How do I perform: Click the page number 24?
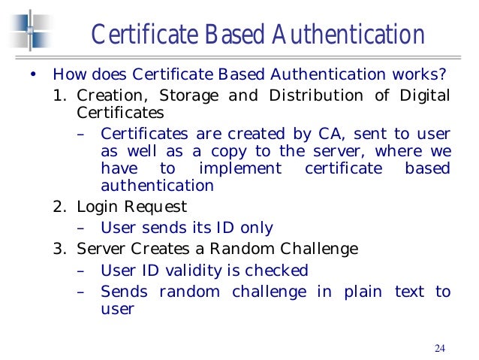point(440,347)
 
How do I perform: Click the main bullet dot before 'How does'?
point(32,75)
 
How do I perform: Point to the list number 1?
point(59,95)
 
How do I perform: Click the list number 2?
point(59,206)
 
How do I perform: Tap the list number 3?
point(59,248)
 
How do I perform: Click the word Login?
point(96,206)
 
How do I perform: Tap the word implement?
point(241,168)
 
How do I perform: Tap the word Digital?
point(425,95)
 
